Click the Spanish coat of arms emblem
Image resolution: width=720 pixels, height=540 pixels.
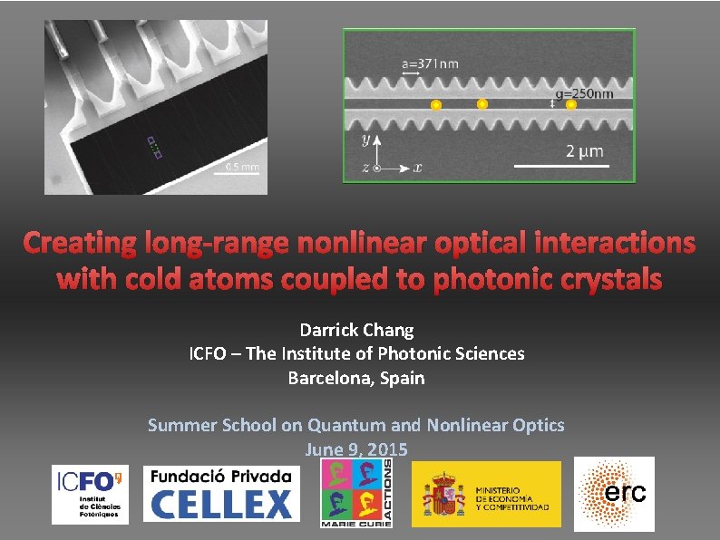tap(443, 495)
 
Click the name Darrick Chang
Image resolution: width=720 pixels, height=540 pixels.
tap(356, 330)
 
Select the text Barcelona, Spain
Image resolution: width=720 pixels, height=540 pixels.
tap(356, 377)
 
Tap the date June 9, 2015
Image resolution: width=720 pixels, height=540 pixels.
tap(356, 448)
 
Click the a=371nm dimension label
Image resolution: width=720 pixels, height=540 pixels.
tap(431, 63)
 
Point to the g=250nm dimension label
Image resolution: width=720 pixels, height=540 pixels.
tap(584, 93)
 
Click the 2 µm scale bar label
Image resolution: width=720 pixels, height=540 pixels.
tap(584, 151)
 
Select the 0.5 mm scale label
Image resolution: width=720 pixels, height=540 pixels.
tap(242, 167)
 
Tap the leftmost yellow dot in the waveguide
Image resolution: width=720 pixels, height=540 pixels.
tap(436, 105)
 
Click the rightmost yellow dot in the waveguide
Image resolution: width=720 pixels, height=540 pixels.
tap(571, 105)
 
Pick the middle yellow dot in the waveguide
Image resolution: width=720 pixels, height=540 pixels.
tap(482, 104)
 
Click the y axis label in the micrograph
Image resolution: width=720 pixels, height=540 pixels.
tap(365, 140)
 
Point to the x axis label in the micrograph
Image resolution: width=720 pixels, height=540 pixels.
tap(417, 168)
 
